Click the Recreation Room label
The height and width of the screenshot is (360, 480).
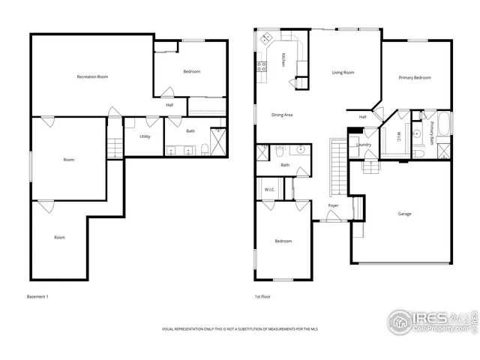(93, 76)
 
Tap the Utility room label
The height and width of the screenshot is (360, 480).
(145, 136)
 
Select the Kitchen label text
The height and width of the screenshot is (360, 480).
(283, 59)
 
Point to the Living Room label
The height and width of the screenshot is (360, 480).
(343, 73)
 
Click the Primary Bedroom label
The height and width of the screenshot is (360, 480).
(414, 77)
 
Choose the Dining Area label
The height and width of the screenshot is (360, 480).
(281, 115)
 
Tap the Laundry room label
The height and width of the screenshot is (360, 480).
(364, 144)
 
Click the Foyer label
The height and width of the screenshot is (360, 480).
(333, 205)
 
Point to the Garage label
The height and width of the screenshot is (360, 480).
(403, 214)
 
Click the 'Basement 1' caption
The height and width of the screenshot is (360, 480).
(37, 298)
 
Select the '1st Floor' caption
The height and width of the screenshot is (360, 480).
(262, 298)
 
